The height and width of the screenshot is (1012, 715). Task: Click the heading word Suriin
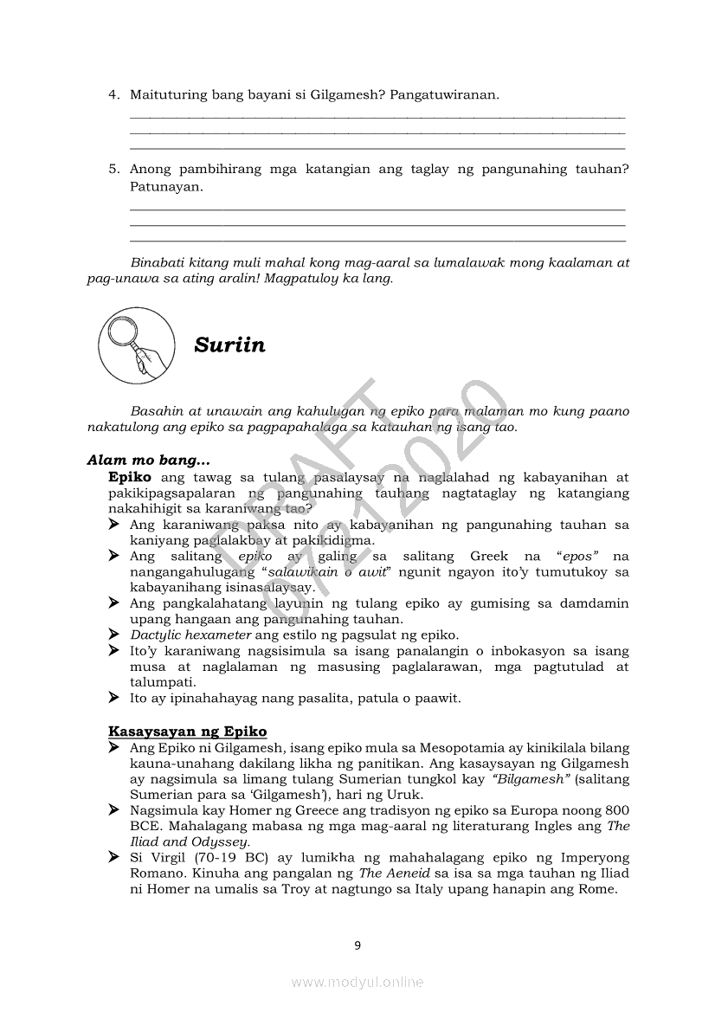click(229, 346)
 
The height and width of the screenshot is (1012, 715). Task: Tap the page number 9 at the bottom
click(357, 944)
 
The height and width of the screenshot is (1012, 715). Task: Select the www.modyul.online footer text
click(357, 982)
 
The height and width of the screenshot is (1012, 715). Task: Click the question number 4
click(113, 94)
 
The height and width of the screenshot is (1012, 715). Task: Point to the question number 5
click(113, 170)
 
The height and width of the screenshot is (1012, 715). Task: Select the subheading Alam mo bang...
click(148, 461)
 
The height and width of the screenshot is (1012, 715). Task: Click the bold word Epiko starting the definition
click(130, 477)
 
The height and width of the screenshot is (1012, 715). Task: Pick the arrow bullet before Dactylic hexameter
click(113, 635)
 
